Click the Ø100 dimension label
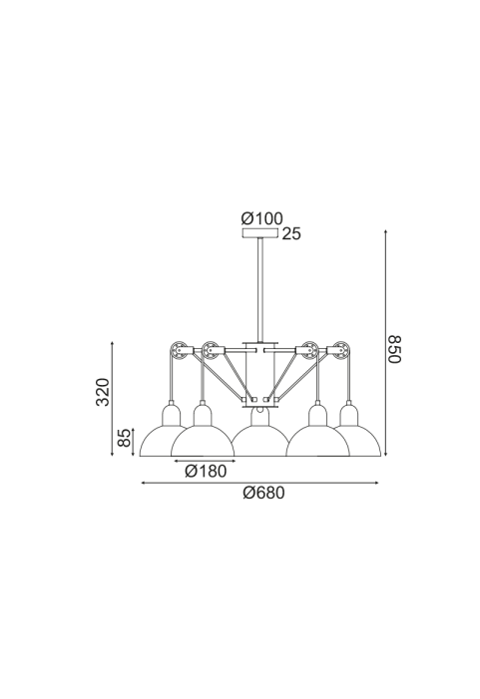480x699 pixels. tap(261, 218)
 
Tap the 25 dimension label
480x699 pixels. tap(291, 233)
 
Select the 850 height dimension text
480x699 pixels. tap(394, 349)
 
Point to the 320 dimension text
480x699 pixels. tap(103, 392)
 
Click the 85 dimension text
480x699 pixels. tap(125, 438)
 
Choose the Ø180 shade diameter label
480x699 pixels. tap(206, 471)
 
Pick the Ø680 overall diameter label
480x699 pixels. tap(263, 493)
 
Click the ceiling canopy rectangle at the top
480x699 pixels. tap(260, 232)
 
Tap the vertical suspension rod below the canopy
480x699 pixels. tap(260, 290)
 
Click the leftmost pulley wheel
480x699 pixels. tap(179, 350)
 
